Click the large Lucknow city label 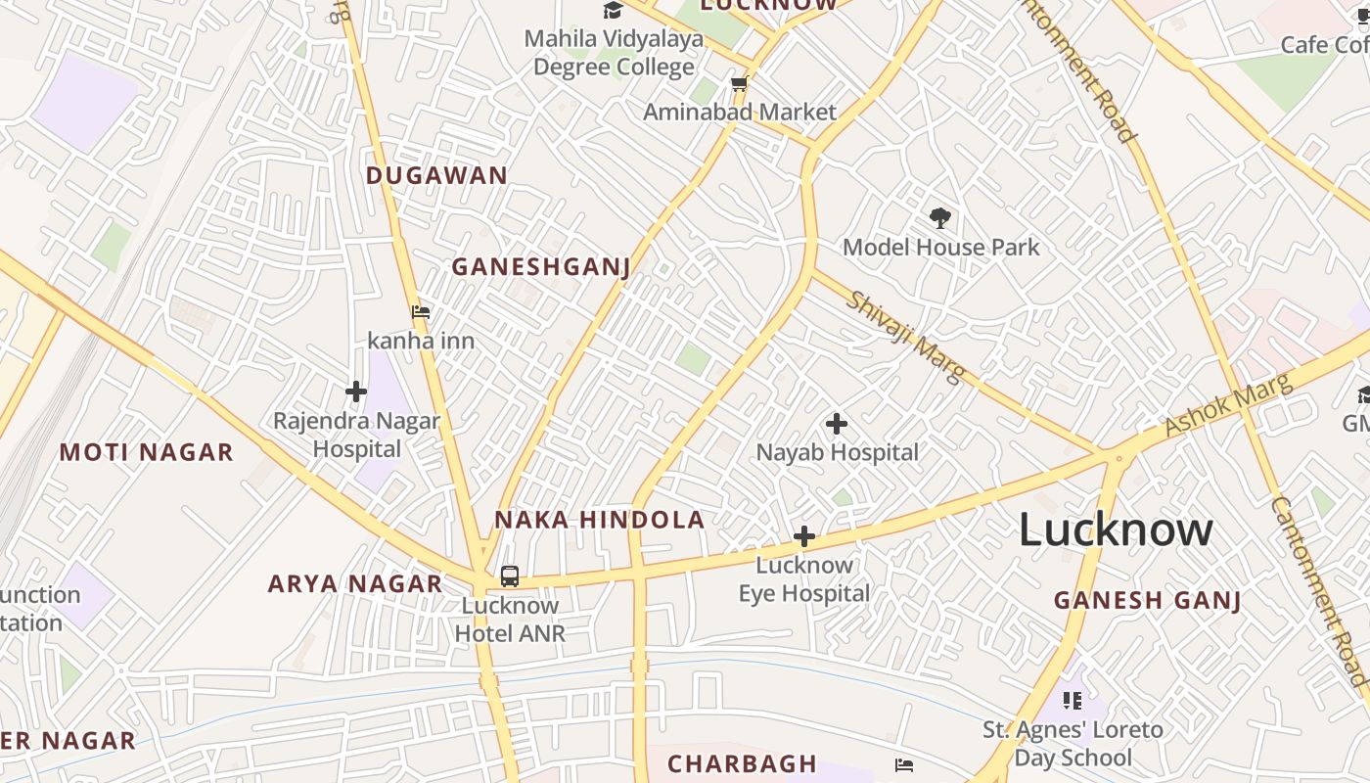[x=1116, y=530]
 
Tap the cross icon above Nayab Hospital [x=837, y=424]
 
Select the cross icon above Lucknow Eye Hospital [x=804, y=536]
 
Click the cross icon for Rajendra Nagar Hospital [x=356, y=391]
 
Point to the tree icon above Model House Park [x=940, y=217]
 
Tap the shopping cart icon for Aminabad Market [x=740, y=84]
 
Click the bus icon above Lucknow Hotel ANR [x=510, y=576]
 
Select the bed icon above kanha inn [x=421, y=312]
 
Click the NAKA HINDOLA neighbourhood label [x=599, y=520]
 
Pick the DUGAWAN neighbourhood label [x=436, y=176]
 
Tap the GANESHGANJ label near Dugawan [x=540, y=266]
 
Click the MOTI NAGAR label [x=147, y=452]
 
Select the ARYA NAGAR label [x=355, y=584]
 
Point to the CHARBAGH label [x=742, y=762]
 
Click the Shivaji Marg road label [x=906, y=337]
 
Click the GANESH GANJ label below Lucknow [x=1147, y=600]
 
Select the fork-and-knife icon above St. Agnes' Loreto [x=1073, y=700]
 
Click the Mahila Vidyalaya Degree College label [x=615, y=53]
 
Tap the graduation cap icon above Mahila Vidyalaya [x=614, y=11]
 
